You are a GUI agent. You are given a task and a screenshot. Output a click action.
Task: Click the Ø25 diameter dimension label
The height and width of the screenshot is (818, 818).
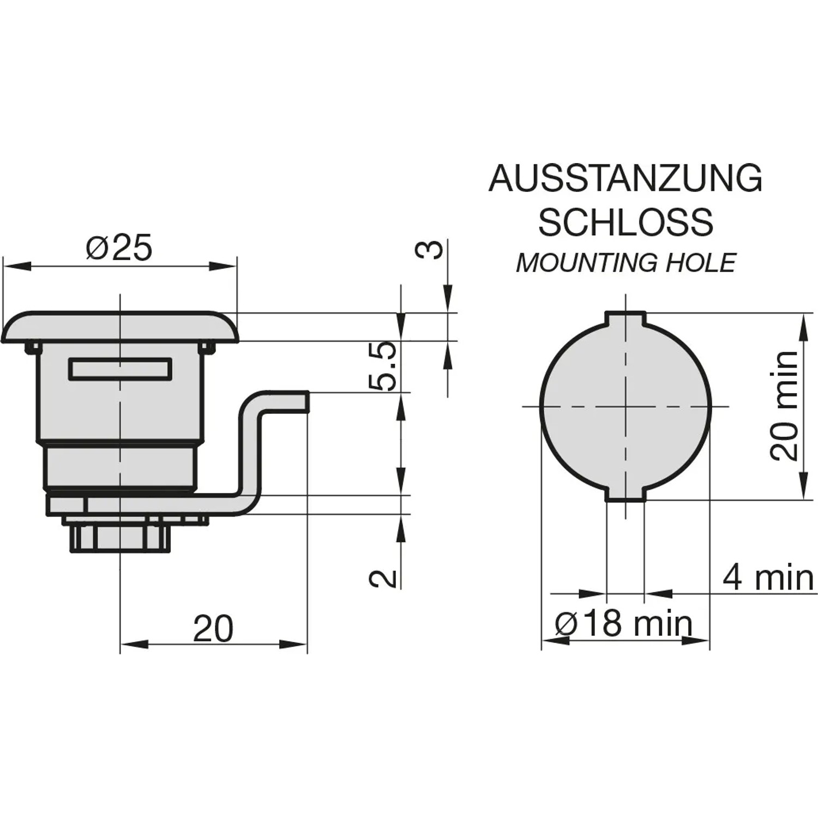(119, 248)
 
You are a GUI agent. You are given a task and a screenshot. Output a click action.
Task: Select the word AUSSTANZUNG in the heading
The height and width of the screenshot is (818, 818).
(625, 178)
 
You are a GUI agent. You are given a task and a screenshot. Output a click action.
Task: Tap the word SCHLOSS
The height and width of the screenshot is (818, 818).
(625, 222)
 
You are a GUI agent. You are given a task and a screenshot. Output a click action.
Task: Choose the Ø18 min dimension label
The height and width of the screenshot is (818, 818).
(624, 623)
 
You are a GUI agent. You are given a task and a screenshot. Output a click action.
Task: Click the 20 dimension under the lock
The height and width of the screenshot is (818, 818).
(213, 628)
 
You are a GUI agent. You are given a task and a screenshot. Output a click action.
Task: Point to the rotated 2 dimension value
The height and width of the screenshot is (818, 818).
(383, 578)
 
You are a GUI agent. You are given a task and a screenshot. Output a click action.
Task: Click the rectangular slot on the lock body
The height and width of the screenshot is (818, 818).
(120, 369)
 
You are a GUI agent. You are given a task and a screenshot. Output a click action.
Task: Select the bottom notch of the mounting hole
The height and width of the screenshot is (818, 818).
(625, 494)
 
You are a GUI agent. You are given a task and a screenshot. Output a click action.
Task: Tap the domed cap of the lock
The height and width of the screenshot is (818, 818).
(120, 327)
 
